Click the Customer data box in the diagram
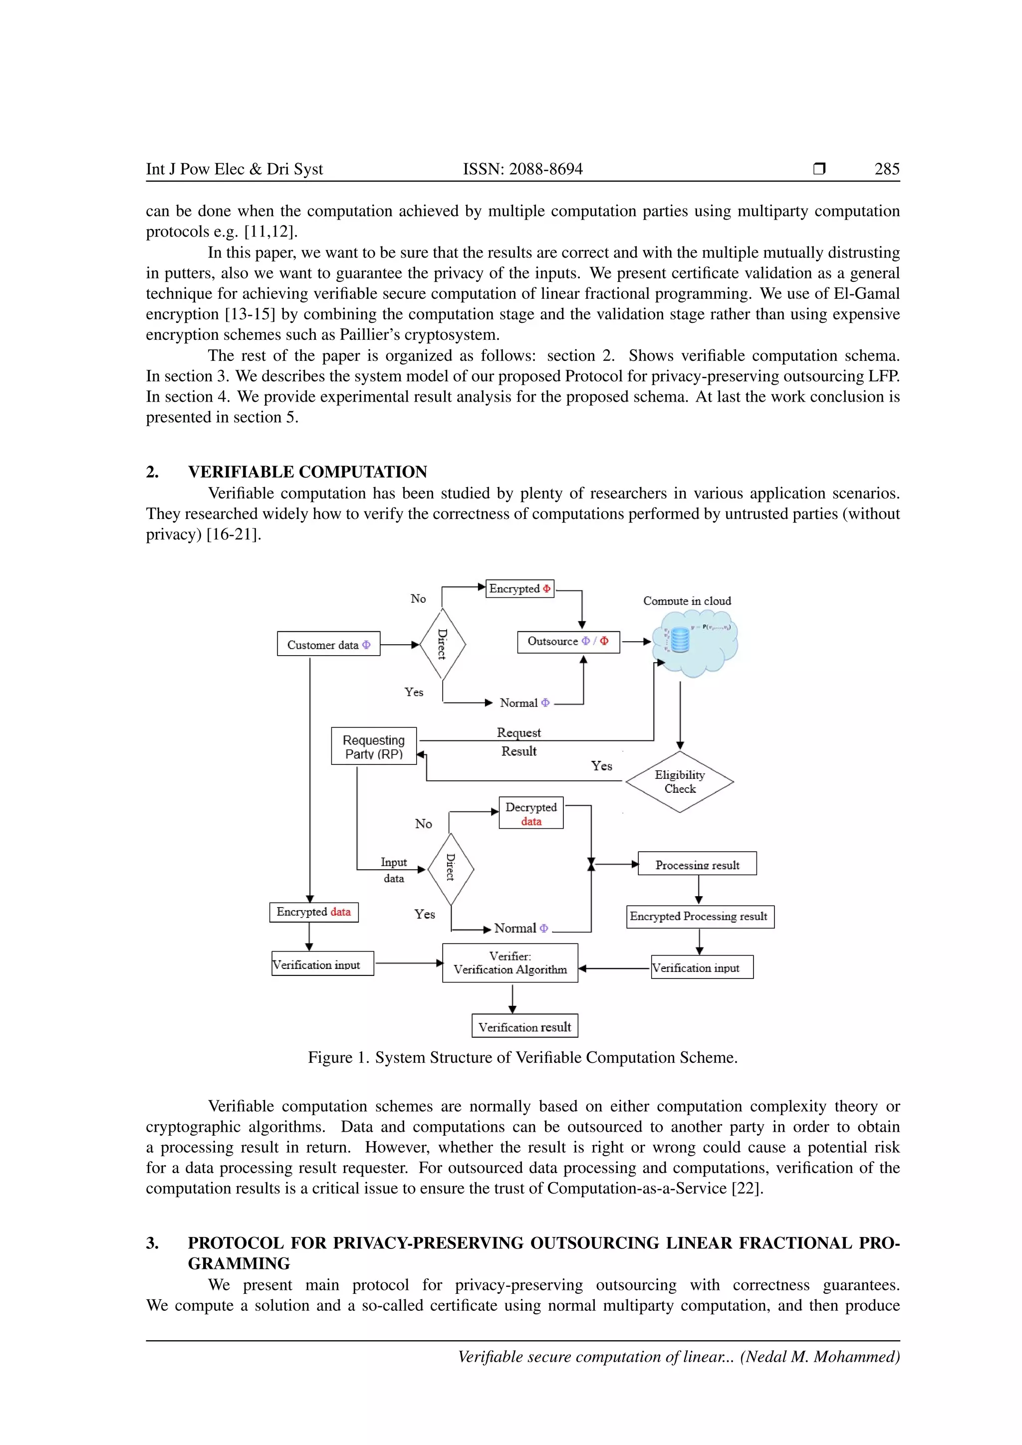point(328,644)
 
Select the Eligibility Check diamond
point(680,782)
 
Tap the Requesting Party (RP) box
point(374,746)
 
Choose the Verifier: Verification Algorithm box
point(510,963)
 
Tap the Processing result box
point(697,864)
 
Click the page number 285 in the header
point(887,169)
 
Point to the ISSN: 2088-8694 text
point(522,169)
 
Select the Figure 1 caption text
point(522,1057)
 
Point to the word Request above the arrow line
point(518,732)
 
